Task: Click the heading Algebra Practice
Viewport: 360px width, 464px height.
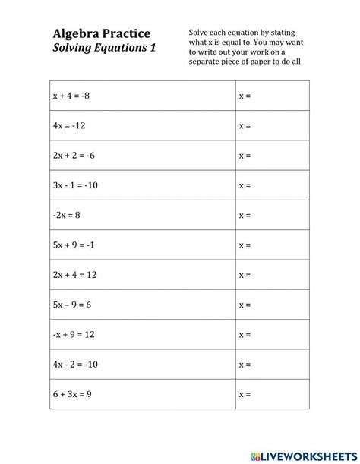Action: tap(101, 33)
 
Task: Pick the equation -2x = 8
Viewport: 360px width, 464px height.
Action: tap(66, 215)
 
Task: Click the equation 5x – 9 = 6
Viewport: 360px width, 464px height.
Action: tap(74, 305)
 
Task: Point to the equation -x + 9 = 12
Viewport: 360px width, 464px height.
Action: tap(75, 335)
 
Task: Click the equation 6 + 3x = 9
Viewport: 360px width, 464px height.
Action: tap(73, 395)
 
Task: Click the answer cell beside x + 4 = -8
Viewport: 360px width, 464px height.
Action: tap(272, 96)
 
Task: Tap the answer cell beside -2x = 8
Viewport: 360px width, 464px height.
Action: tap(272, 215)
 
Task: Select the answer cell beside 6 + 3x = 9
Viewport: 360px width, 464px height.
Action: tap(272, 395)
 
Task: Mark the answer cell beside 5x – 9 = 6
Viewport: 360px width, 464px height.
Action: tap(272, 305)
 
